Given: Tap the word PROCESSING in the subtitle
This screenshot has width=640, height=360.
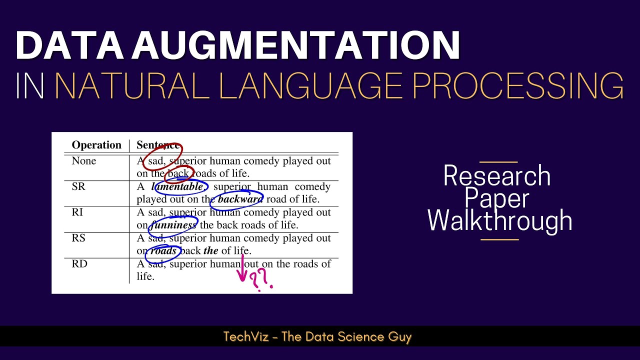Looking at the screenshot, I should (x=517, y=85).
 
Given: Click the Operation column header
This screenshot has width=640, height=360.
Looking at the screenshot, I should (x=96, y=145).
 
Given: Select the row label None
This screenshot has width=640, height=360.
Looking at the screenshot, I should (x=84, y=161).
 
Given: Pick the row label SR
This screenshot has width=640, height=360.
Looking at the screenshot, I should (x=78, y=186).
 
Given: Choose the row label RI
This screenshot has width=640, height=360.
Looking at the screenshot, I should (x=77, y=212).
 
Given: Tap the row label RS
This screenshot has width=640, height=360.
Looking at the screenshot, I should (x=78, y=238).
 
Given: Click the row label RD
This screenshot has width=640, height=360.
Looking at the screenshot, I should (x=79, y=263).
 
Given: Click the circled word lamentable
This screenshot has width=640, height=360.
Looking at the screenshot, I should (x=177, y=187).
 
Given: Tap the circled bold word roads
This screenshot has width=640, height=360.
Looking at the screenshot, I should (x=163, y=250).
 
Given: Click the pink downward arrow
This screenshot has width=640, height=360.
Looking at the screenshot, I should (x=243, y=270).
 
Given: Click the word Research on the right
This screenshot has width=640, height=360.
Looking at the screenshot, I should (x=497, y=176).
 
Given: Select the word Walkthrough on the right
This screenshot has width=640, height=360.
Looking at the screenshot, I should (x=499, y=220).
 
